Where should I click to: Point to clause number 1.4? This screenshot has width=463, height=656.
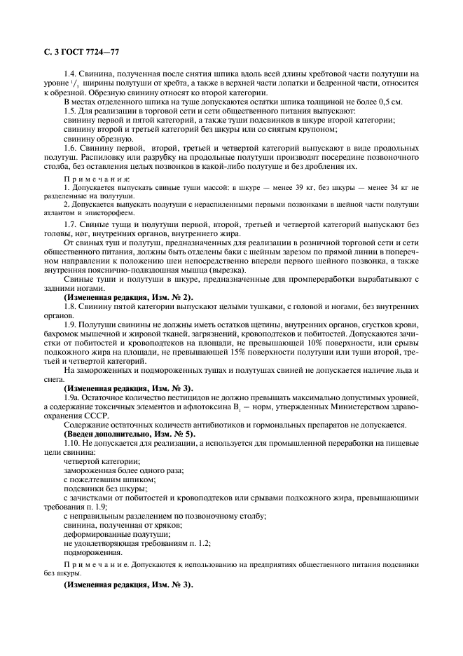(x=71, y=74)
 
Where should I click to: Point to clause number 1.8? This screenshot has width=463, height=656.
(x=71, y=307)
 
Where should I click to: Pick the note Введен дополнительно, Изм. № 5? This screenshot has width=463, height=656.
(x=129, y=434)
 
